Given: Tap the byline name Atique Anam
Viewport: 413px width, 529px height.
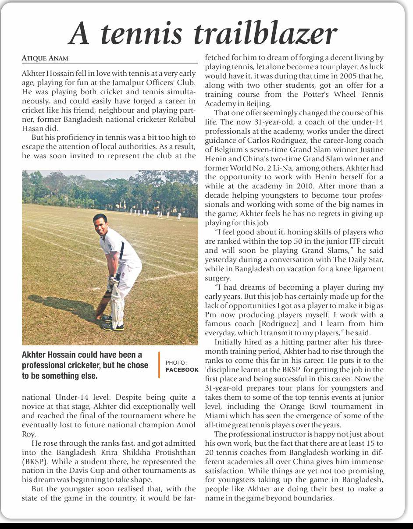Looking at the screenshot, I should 45,58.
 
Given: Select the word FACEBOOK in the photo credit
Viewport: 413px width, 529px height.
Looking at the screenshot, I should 182,369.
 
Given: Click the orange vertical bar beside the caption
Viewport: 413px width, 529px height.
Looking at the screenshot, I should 159,365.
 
